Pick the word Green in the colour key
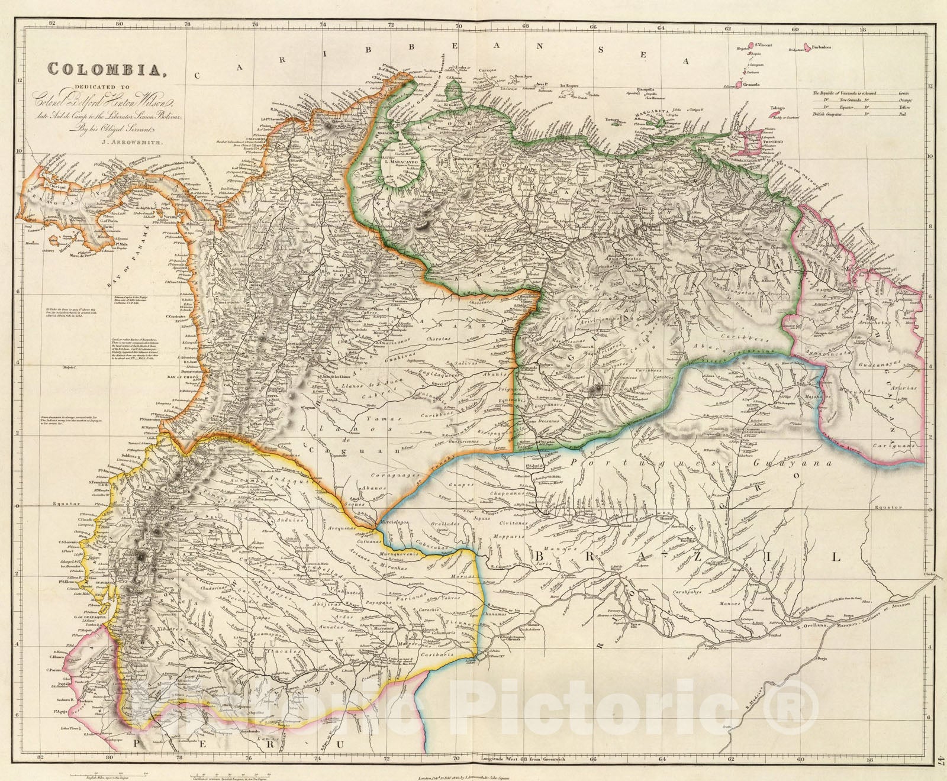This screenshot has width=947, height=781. coord(904,93)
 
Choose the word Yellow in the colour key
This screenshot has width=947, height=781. coord(904,106)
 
